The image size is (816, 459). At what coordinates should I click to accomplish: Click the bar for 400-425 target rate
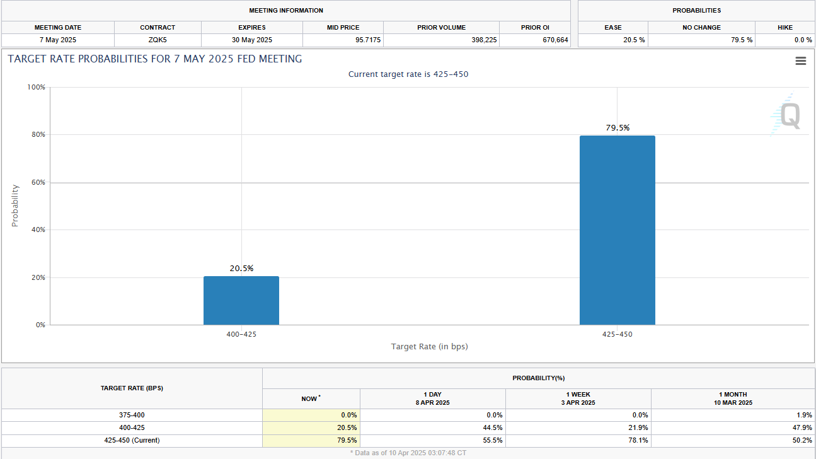pyautogui.click(x=241, y=301)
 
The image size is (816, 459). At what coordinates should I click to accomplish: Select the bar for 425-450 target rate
pyautogui.click(x=617, y=230)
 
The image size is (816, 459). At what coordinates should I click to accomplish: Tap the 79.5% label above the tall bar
pyautogui.click(x=618, y=128)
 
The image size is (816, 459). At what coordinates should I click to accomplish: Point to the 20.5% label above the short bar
pyautogui.click(x=241, y=269)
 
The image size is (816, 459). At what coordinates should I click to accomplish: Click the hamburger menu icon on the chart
pyautogui.click(x=801, y=61)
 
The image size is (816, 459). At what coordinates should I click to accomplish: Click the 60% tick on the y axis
pyautogui.click(x=39, y=182)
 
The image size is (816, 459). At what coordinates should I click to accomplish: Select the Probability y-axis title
pyautogui.click(x=14, y=206)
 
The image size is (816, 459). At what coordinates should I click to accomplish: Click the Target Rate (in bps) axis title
pyautogui.click(x=429, y=347)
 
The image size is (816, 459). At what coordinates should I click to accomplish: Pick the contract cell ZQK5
pyautogui.click(x=158, y=40)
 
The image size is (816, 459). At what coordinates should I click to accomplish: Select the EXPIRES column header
pyautogui.click(x=251, y=28)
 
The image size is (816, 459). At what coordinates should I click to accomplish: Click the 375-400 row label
pyautogui.click(x=132, y=415)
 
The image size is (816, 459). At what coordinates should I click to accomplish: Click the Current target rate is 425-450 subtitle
pyautogui.click(x=408, y=74)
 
